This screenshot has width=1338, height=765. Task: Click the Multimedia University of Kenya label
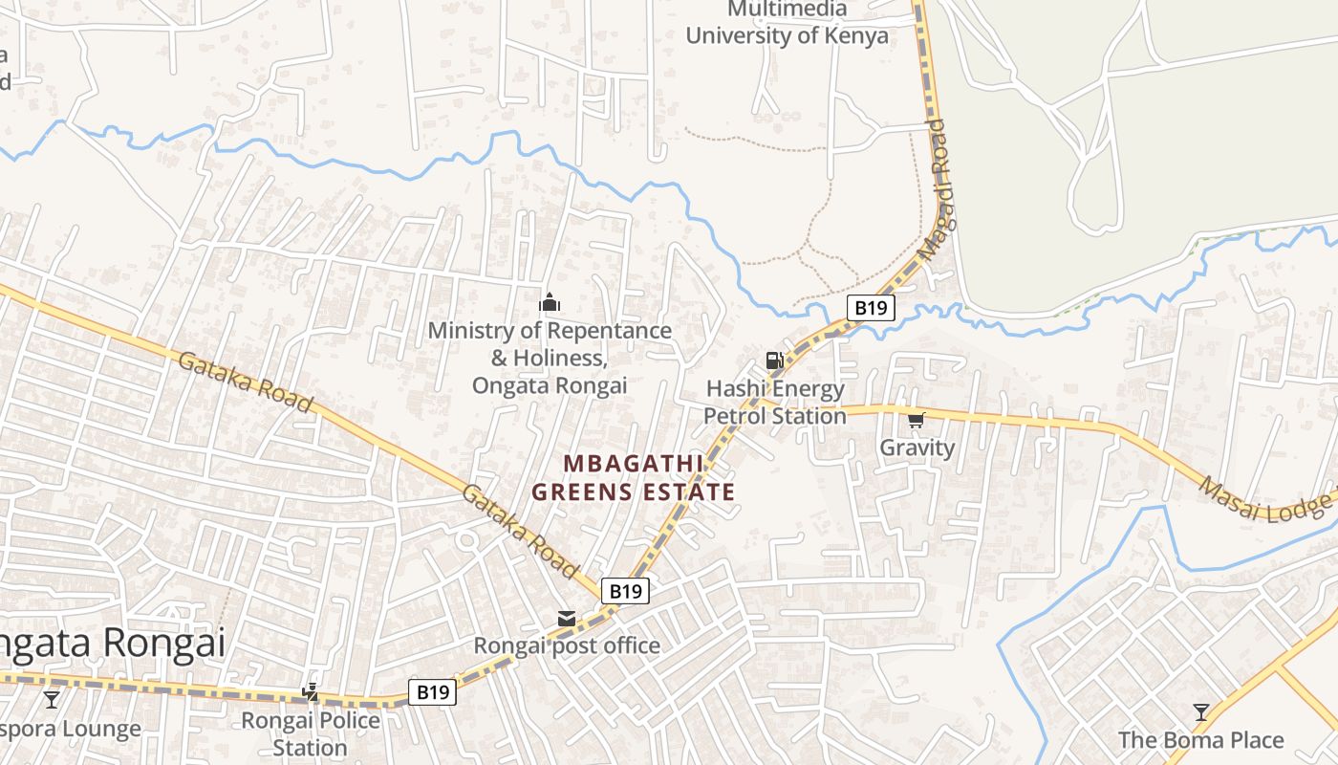(787, 23)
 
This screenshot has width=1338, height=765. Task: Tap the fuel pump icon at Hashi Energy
(774, 361)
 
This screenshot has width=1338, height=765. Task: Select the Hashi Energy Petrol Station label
(775, 403)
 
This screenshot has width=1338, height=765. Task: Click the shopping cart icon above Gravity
(917, 419)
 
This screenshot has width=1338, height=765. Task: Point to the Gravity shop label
(917, 448)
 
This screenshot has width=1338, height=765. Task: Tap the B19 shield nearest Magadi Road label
(871, 308)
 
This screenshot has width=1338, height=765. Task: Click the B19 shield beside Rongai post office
(625, 591)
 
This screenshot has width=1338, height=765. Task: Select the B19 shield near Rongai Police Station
(432, 692)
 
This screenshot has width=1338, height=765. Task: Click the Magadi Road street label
(936, 188)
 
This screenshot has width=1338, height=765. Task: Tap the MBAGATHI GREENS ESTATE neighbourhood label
(633, 478)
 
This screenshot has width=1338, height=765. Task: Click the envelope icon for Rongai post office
(567, 620)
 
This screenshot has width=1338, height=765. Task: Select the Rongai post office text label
(567, 645)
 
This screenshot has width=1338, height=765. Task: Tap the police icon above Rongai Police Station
(310, 691)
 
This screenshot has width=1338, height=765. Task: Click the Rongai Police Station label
(310, 733)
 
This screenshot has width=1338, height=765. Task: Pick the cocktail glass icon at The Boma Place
(1201, 712)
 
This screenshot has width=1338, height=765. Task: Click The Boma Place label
(1201, 740)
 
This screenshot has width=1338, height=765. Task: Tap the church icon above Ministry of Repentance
(550, 303)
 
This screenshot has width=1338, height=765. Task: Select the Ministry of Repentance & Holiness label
(550, 358)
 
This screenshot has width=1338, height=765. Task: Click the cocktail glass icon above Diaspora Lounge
(52, 700)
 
